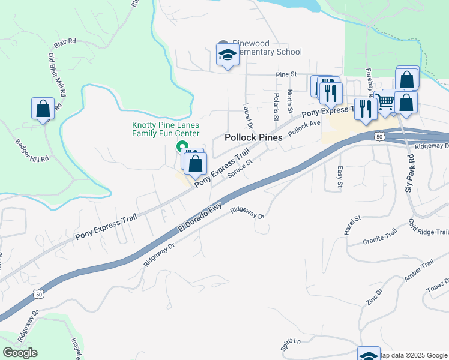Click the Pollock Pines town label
[253, 137]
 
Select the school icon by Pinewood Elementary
[228, 56]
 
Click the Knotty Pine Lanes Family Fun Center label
[166, 130]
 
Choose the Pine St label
[286, 74]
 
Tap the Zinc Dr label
[373, 298]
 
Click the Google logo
[20, 353]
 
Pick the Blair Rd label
[65, 42]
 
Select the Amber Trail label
[419, 271]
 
